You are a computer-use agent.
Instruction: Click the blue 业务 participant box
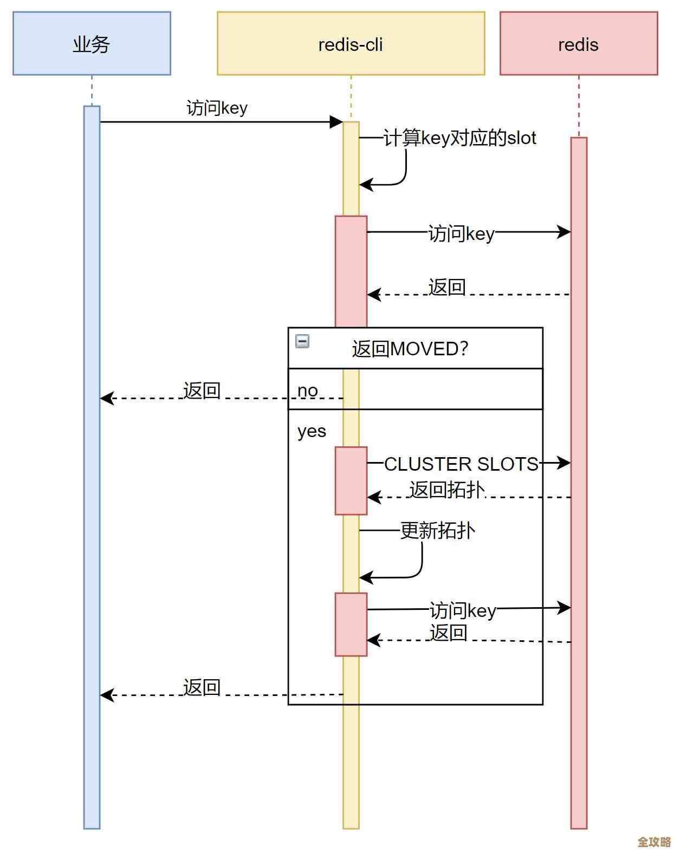[92, 43]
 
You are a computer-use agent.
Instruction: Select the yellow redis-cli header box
[351, 43]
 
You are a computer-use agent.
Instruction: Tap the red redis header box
[578, 43]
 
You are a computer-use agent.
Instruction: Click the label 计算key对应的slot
[459, 138]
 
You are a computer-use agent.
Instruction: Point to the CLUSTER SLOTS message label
[461, 464]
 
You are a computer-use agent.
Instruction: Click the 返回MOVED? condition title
[410, 349]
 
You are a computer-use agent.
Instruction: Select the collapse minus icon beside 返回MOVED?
[302, 341]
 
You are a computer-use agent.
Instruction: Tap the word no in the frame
[308, 391]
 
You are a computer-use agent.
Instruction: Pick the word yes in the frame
[312, 431]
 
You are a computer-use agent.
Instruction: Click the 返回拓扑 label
[446, 490]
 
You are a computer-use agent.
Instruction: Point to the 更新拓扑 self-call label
[437, 530]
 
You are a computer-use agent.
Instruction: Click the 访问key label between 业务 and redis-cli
[217, 108]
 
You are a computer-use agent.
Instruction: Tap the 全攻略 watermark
[654, 842]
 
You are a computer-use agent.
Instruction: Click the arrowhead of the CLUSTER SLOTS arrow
[565, 463]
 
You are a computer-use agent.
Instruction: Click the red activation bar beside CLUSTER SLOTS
[351, 480]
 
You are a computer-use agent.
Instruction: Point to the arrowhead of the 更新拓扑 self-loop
[366, 578]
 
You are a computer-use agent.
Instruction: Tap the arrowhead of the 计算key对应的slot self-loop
[366, 185]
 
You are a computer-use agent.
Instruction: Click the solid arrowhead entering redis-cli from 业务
[336, 122]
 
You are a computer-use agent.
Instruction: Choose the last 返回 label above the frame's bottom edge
[202, 688]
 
